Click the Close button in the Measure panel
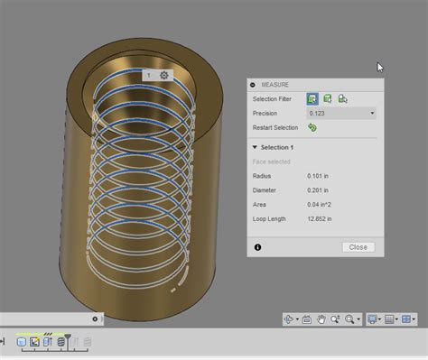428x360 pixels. click(x=358, y=247)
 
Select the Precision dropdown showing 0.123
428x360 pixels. click(x=341, y=114)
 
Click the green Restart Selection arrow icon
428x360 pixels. click(x=312, y=128)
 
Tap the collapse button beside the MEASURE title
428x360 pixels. click(x=253, y=84)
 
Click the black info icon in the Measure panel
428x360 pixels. click(x=258, y=247)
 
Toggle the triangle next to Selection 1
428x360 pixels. click(x=256, y=147)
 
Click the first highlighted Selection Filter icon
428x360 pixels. click(x=312, y=99)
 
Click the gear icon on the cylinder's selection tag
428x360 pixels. click(x=163, y=76)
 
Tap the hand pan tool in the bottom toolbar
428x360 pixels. click(x=321, y=319)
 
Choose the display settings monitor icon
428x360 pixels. click(x=372, y=319)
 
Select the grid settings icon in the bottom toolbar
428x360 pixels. click(x=390, y=319)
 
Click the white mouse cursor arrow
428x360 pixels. click(x=380, y=67)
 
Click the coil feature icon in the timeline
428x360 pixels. click(x=60, y=342)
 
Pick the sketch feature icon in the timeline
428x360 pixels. click(x=34, y=342)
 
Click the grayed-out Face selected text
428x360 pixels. click(x=273, y=162)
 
